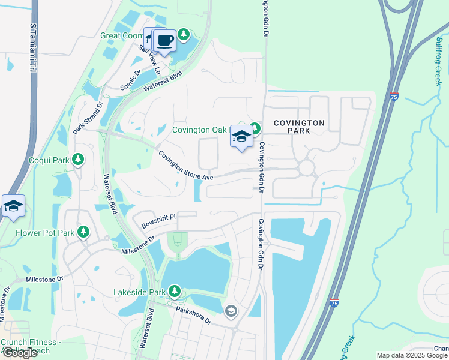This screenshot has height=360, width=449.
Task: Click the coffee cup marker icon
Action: [x=164, y=41]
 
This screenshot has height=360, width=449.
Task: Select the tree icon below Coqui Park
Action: [x=77, y=159]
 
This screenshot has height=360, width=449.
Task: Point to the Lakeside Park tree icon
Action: [x=175, y=292]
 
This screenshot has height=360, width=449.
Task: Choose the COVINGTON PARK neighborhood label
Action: [x=299, y=127]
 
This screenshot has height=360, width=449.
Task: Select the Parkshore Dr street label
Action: [x=193, y=315]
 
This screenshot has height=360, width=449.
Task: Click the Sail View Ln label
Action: [x=150, y=59]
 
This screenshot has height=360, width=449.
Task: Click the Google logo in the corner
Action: [x=19, y=353]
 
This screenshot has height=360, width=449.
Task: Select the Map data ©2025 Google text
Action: [x=412, y=355]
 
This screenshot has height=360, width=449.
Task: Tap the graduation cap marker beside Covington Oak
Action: [x=241, y=137]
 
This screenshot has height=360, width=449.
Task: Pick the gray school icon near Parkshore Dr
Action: [x=231, y=311]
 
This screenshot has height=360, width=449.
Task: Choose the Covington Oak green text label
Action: [x=199, y=130]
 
